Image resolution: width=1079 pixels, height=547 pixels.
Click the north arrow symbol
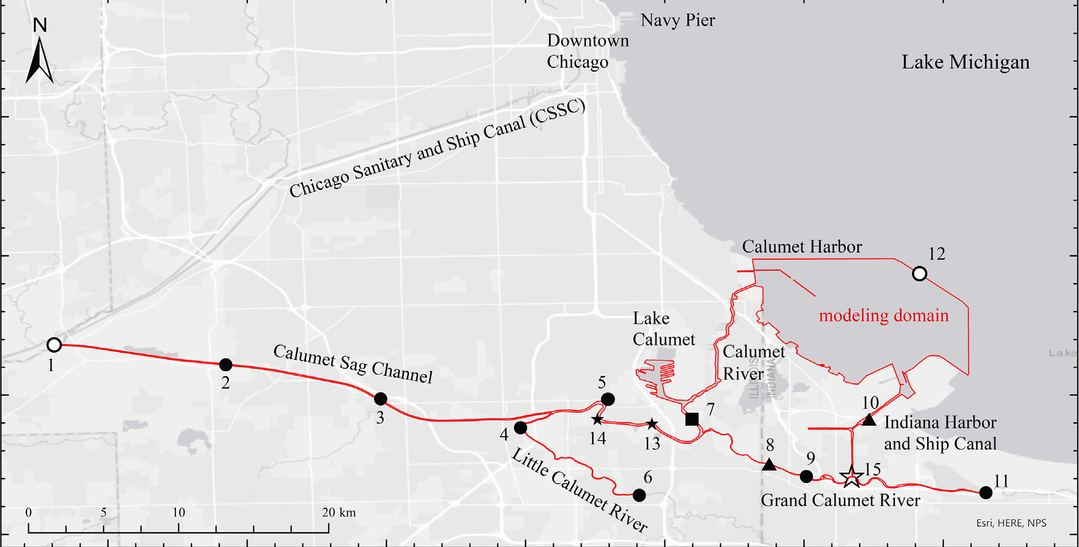39,59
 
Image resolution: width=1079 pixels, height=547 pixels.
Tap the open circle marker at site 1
54,345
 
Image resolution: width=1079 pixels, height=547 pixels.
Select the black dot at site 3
381,399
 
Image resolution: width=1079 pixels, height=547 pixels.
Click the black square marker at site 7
692,419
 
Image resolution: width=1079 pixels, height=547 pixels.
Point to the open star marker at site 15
851,477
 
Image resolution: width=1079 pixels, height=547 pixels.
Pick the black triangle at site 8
769,465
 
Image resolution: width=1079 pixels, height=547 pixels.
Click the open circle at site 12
919,274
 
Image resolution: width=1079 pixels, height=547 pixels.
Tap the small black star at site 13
652,424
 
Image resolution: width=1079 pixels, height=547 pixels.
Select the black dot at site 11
986,492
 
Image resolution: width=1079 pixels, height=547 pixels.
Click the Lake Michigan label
965,62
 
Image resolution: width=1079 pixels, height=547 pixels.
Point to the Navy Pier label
677,21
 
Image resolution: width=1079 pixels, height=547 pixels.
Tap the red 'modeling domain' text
883,315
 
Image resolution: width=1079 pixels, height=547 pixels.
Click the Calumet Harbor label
802,247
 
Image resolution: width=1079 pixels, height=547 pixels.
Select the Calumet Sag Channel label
353,364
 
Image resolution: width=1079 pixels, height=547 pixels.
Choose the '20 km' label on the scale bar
338,512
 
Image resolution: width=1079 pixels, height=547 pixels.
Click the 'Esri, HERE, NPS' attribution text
1011,523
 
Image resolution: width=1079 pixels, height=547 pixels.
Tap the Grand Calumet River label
840,500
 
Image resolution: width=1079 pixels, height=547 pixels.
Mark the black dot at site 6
639,495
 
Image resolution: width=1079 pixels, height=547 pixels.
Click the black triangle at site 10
869,420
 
